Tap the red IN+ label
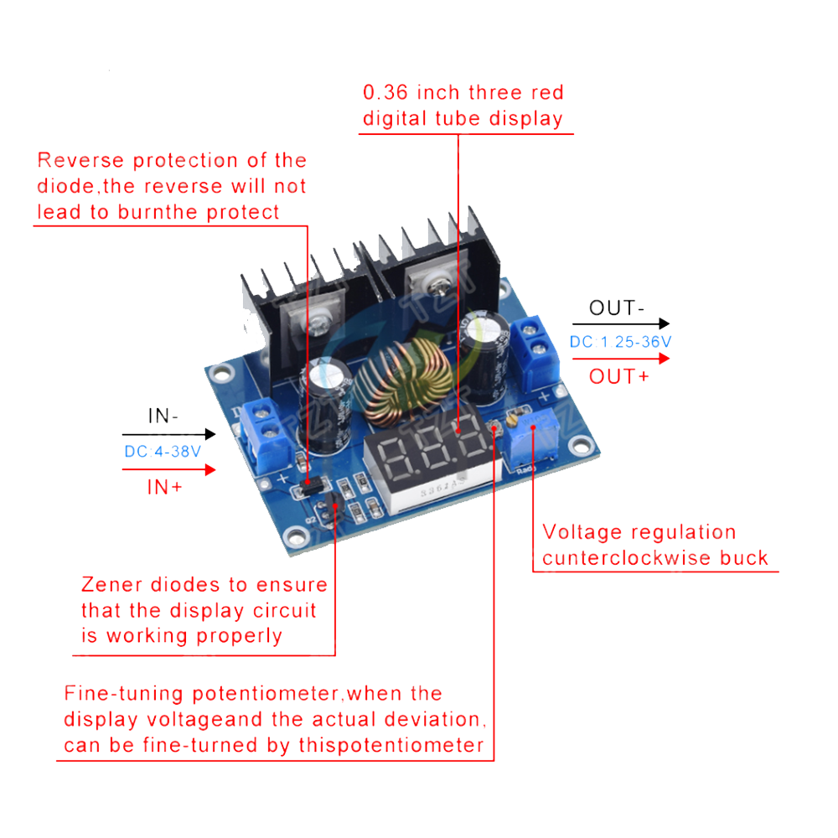[165, 487]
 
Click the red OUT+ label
[618, 377]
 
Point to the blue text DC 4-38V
[163, 452]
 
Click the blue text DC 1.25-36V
[620, 342]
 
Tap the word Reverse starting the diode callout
[80, 161]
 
